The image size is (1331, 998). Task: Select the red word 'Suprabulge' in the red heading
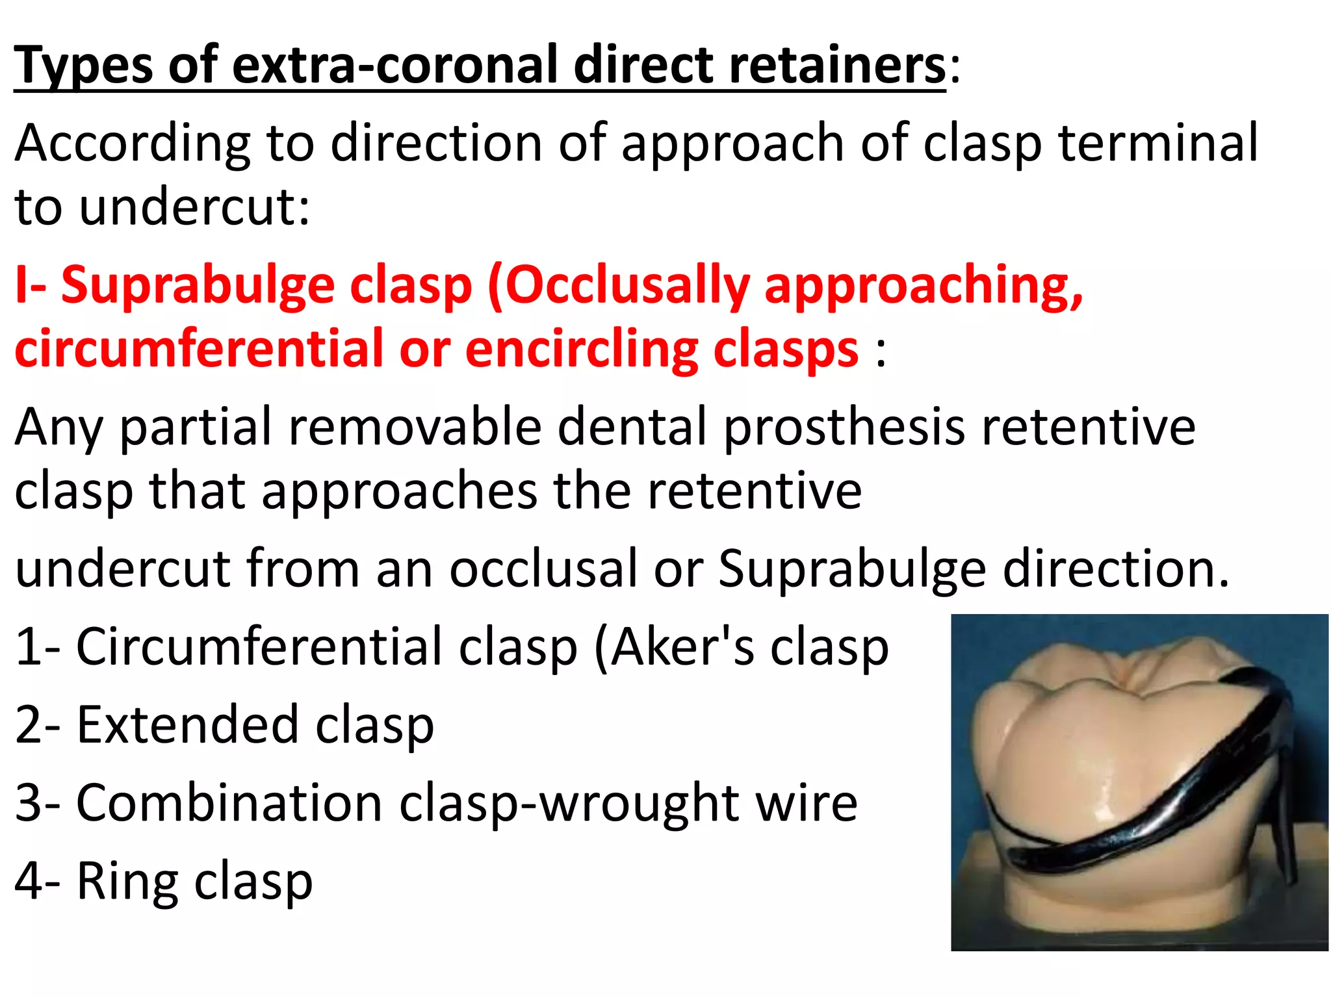[x=196, y=285]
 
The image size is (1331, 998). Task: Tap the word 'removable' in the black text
[x=415, y=427]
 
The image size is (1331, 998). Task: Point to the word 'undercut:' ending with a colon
[x=195, y=207]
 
